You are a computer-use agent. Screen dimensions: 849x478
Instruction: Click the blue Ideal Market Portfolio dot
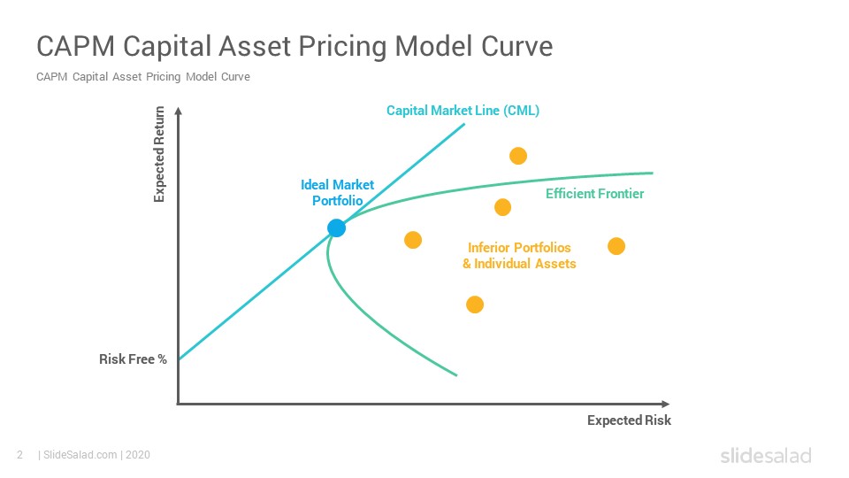point(336,228)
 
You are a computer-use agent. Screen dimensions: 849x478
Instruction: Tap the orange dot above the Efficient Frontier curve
point(518,156)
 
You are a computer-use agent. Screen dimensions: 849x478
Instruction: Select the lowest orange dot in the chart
point(475,305)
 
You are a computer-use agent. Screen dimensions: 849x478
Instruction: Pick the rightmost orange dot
point(616,246)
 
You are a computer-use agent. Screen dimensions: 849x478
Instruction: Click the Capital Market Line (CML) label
point(463,111)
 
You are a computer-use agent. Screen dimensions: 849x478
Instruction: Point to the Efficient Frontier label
point(594,194)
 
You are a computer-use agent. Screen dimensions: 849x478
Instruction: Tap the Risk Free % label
point(133,359)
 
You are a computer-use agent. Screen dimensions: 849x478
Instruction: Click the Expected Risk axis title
point(629,420)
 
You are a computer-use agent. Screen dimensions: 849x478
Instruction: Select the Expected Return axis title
point(158,154)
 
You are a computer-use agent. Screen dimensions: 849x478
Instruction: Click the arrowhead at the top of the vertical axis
point(178,112)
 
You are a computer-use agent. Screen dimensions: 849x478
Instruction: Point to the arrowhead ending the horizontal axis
point(666,404)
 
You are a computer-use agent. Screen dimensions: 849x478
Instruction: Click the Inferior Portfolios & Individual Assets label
point(519,256)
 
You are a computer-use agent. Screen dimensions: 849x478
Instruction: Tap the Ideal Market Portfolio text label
point(337,193)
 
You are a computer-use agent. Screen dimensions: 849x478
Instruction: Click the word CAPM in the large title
point(76,46)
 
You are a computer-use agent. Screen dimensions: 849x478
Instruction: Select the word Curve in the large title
point(517,46)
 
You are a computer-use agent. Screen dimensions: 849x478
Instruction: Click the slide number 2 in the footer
point(20,455)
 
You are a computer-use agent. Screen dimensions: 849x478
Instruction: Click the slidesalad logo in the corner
point(766,455)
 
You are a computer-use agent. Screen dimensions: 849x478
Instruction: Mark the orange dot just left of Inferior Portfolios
point(413,240)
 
